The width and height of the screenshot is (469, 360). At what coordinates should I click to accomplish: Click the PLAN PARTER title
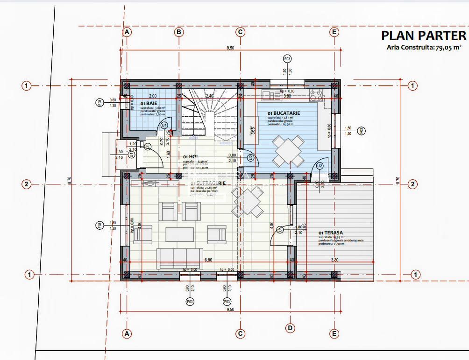[423, 36]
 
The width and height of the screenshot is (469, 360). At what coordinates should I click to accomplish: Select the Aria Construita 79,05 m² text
[424, 47]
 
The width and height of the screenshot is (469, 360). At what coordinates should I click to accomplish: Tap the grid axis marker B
[179, 32]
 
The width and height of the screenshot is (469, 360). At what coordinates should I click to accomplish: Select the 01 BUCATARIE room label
[284, 113]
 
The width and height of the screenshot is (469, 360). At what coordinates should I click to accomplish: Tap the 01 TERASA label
[331, 233]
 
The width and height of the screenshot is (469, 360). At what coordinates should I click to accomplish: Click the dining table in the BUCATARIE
[287, 151]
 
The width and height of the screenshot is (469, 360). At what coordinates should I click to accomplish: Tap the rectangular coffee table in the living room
[179, 234]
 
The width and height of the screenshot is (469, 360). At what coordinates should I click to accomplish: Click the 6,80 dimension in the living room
[208, 260]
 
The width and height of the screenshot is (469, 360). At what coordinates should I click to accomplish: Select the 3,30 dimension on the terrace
[334, 260]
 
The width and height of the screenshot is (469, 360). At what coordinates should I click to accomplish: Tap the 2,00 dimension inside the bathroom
[152, 96]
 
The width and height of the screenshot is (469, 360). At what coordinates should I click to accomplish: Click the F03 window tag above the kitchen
[287, 59]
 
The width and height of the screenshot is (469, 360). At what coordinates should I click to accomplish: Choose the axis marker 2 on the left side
[27, 184]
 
